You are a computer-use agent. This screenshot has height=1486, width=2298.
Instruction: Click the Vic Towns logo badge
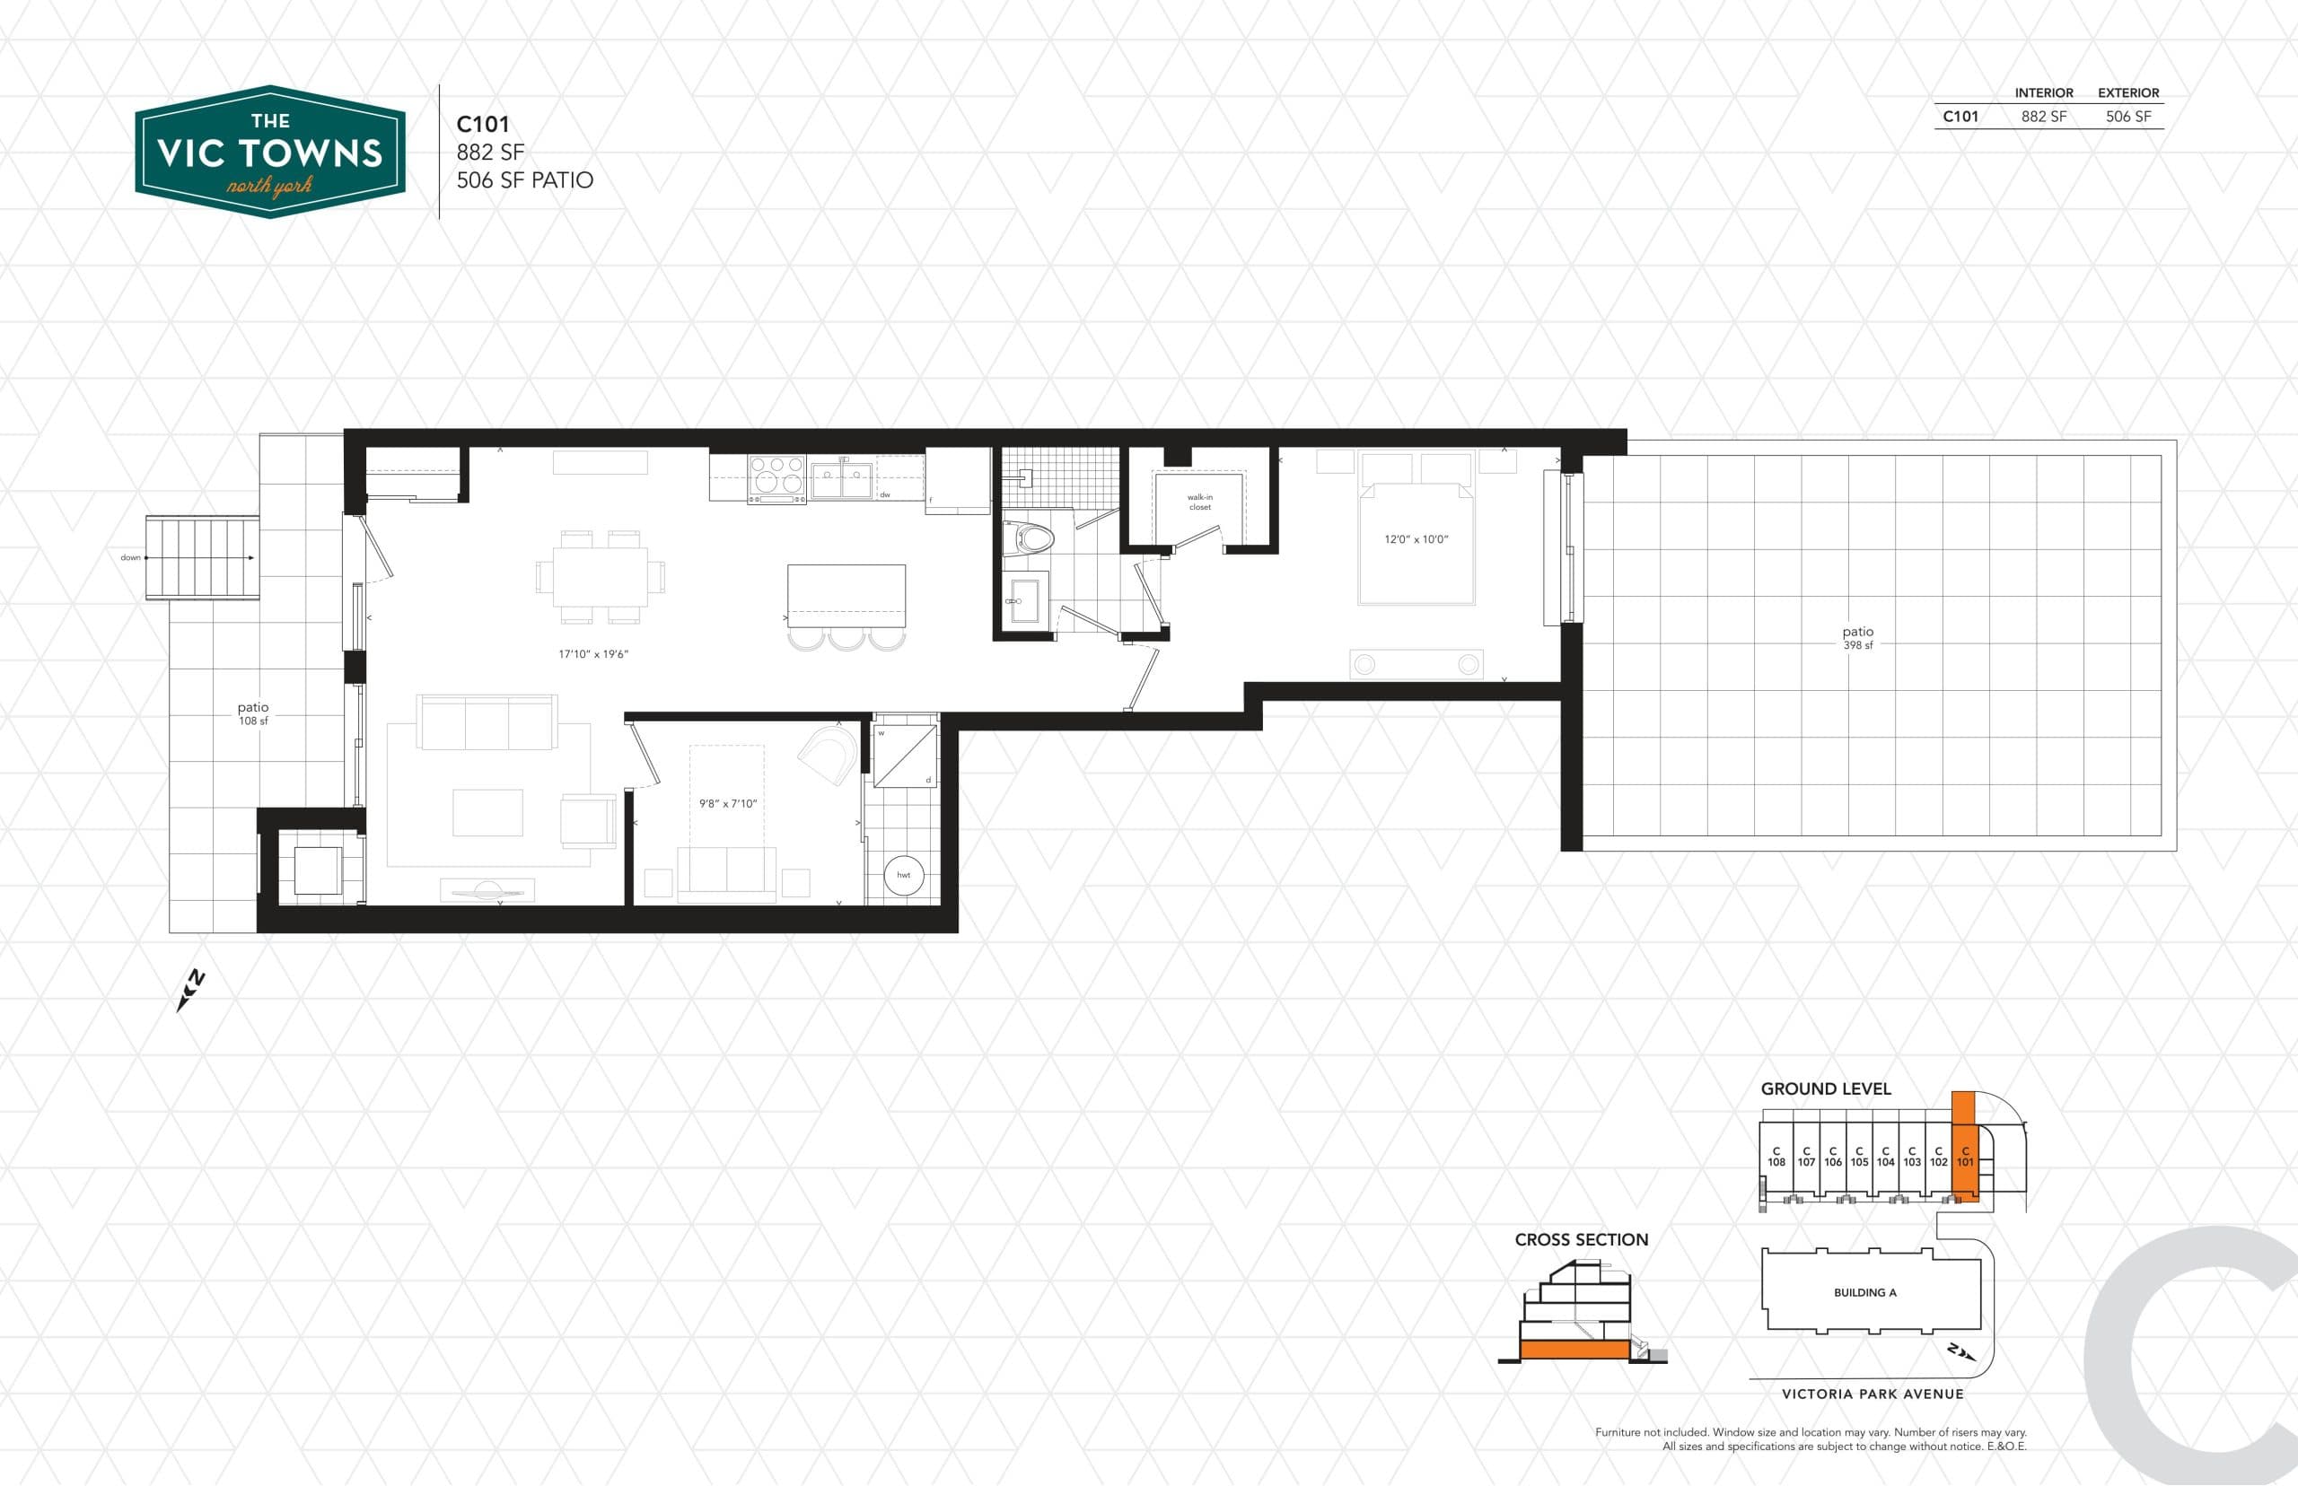tap(270, 152)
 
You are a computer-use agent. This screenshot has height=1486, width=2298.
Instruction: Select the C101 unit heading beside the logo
tap(483, 125)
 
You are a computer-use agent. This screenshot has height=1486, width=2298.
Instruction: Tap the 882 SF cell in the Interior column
tap(2043, 117)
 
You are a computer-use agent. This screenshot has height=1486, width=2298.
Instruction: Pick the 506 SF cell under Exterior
tap(2128, 117)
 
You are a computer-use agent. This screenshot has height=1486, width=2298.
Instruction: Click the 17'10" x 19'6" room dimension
tap(592, 654)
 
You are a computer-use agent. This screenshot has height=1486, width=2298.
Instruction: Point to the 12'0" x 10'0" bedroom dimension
tap(1416, 539)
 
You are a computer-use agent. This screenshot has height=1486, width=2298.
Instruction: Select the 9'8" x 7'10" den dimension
tap(728, 804)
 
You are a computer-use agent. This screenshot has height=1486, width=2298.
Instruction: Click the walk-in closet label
tap(1199, 502)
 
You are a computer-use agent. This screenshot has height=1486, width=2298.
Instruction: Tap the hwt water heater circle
tap(903, 875)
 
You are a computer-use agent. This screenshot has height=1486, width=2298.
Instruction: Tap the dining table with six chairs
tap(601, 576)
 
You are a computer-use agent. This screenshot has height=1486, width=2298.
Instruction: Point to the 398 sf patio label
tap(1857, 638)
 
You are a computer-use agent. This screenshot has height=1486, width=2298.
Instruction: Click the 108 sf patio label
tap(253, 714)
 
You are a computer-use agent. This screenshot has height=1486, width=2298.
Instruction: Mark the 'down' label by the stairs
tap(130, 558)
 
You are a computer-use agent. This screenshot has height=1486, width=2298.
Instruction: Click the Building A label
tap(1864, 1292)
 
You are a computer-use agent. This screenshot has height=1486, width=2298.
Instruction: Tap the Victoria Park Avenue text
tap(1873, 1394)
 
